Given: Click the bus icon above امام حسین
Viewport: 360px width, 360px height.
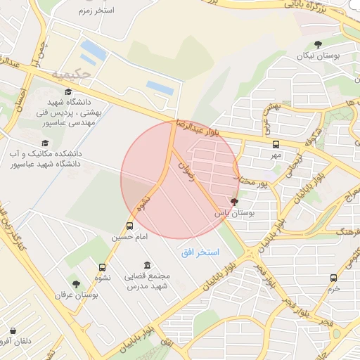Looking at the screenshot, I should pyautogui.click(x=129, y=226).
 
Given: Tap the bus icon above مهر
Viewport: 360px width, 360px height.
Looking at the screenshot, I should pyautogui.click(x=276, y=143).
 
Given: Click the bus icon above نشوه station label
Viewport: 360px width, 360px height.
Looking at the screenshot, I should pyautogui.click(x=103, y=267).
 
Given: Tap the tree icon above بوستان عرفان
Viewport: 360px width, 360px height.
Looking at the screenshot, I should pyautogui.click(x=77, y=284).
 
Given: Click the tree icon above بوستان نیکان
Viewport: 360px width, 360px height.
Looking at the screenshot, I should pyautogui.click(x=318, y=44).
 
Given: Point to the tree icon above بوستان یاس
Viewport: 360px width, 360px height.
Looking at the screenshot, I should pyautogui.click(x=235, y=202).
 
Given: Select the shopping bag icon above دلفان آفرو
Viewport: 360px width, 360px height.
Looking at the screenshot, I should pyautogui.click(x=13, y=330).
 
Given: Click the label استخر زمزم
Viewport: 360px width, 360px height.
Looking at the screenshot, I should pyautogui.click(x=97, y=11).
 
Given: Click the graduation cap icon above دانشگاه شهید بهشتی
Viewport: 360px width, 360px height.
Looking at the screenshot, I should pyautogui.click(x=68, y=92).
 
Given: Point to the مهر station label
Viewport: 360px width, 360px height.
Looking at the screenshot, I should pyautogui.click(x=276, y=154).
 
